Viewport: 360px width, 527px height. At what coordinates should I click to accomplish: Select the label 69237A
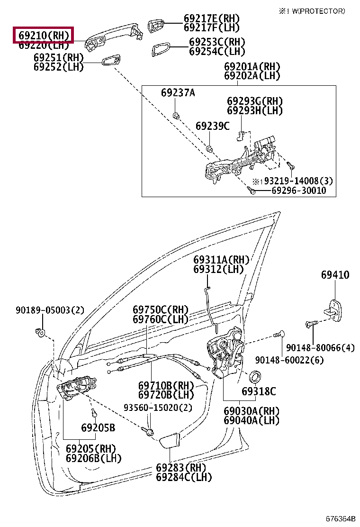click(178, 93)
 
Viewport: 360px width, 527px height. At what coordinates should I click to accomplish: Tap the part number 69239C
click(213, 126)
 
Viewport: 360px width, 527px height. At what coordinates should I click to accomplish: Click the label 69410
click(335, 275)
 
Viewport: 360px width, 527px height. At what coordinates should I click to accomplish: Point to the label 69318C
click(259, 391)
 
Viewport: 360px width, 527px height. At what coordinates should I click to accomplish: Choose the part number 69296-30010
click(298, 191)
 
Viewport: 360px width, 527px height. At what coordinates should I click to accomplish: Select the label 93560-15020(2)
click(152, 407)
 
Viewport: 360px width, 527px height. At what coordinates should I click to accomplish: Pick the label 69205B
click(98, 428)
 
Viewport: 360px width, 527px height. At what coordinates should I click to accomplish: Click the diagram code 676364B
click(340, 519)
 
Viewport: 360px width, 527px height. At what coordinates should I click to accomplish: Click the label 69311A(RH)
click(221, 260)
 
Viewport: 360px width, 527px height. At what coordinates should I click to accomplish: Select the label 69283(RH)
click(178, 467)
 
